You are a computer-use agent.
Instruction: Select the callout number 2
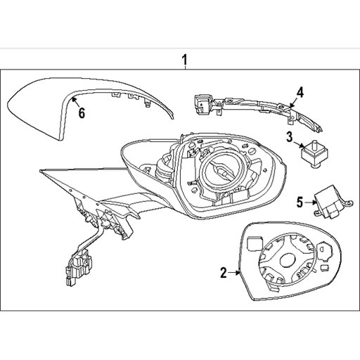pos(224,273)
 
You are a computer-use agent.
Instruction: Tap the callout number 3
pos(289,136)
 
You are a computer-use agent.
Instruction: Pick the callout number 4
pos(299,92)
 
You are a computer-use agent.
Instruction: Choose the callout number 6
pos(81,113)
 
